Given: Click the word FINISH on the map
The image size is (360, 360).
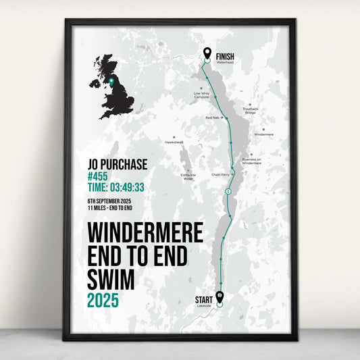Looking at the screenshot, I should click(225, 57).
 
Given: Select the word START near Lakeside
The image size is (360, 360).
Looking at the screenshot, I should click(203, 300).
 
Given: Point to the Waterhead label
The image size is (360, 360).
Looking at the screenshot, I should click(224, 62).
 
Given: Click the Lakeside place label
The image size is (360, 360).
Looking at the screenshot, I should click(203, 306).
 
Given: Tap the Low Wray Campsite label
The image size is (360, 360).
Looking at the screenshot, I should click(201, 96).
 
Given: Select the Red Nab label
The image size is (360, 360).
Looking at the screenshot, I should click(212, 118).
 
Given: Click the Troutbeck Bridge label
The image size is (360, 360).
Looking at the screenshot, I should click(251, 111).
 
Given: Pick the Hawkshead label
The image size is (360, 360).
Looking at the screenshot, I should click(174, 142).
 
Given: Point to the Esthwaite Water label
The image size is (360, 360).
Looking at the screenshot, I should click(188, 176).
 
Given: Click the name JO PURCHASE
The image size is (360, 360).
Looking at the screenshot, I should click(117, 164).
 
